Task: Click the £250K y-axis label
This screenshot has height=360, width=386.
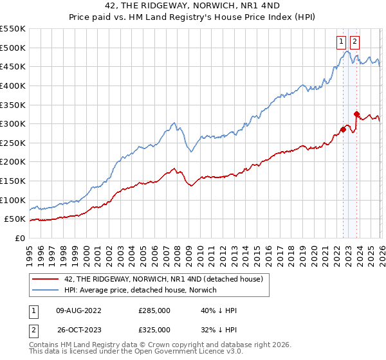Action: pos(12,162)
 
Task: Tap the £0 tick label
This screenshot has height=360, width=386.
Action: pos(19,238)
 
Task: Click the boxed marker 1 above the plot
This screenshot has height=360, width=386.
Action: pos(341,42)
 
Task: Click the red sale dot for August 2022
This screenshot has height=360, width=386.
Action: pos(343,129)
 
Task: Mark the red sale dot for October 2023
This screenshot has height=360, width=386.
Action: pos(356,114)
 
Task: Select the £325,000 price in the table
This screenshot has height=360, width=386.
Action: pos(154,330)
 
